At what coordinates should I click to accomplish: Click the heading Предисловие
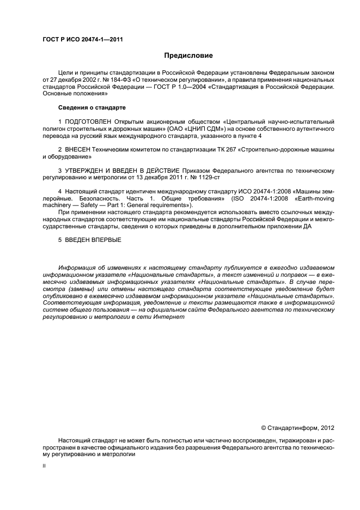[x=189, y=56]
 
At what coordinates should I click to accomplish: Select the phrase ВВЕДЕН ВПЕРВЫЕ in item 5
[x=93, y=240]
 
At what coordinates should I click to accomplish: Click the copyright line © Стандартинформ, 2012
[x=297, y=428]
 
